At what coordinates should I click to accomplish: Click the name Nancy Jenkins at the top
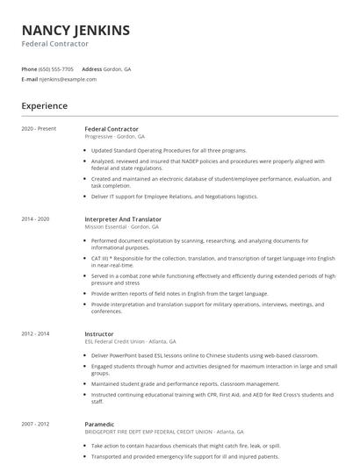pos(76,30)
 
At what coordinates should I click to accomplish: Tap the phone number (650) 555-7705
pos(56,68)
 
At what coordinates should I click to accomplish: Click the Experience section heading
pos(45,106)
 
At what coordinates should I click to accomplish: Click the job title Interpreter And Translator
pos(123,219)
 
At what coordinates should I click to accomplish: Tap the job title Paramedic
pos(100,423)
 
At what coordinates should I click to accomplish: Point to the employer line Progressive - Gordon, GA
pos(115,137)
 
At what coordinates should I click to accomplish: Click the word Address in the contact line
pos(92,68)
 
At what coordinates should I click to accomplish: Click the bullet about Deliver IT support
pos(174,197)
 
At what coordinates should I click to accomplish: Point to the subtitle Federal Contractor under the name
pos(55,44)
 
